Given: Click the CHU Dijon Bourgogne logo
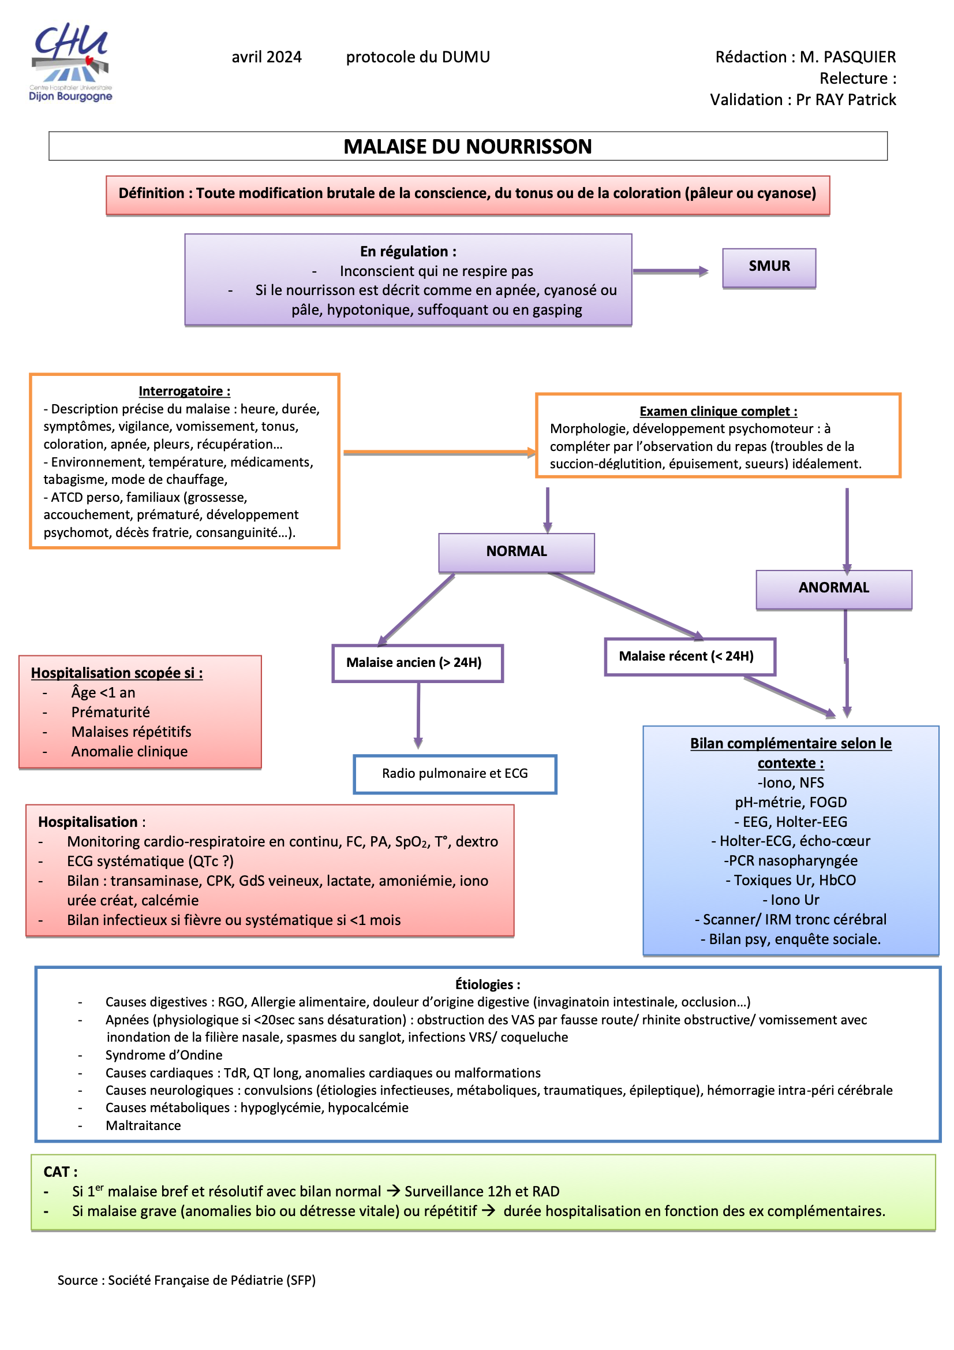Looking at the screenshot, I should point(70,62).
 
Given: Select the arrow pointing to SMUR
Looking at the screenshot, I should point(671,271).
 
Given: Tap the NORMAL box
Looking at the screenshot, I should point(516,551).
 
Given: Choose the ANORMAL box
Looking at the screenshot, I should point(833,588).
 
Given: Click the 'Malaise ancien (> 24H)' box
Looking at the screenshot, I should point(417,663).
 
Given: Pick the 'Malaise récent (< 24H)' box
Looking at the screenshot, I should point(689,656).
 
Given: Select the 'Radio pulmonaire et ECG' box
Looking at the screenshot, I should point(454,773).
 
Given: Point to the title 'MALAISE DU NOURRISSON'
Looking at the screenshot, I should point(467,147).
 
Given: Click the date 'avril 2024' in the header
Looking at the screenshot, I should point(266,57).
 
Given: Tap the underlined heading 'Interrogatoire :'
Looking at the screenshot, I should point(184,391).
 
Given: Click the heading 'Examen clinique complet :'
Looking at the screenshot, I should point(718,411).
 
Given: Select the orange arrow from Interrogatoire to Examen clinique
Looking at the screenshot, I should point(439,452).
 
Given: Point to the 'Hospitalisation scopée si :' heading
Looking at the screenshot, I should point(117,673).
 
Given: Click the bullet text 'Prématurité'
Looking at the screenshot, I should point(110,712).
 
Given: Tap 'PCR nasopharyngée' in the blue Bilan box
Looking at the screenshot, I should point(791,860).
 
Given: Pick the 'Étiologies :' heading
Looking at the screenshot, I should point(487,984).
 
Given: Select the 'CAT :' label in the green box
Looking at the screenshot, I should point(61,1172).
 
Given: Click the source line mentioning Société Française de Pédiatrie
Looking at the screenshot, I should point(186,1280).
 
